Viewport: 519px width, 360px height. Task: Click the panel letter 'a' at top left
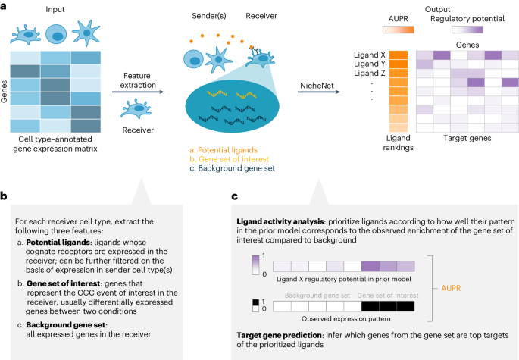point(5,6)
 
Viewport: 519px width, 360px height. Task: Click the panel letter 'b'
point(5,196)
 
